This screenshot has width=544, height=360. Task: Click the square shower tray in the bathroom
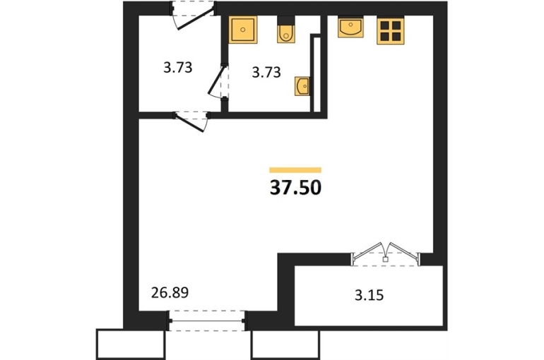pos(243,30)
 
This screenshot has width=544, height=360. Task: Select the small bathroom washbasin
pos(302,86)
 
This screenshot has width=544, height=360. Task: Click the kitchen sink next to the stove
pos(350,28)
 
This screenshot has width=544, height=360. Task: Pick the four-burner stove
pos(391,31)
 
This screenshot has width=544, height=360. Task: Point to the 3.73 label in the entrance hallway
pos(177,67)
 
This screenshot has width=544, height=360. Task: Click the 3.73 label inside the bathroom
pos(266,73)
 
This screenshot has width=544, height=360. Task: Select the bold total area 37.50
pos(295,188)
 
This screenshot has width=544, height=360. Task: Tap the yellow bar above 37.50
pos(295,170)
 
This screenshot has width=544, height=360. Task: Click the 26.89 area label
pos(170,293)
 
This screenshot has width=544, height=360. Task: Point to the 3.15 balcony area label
pos(369,296)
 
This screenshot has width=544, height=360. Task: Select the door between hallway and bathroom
pos(218,82)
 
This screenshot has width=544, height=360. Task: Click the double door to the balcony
pos(386,253)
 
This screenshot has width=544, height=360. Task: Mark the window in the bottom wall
pos(207,320)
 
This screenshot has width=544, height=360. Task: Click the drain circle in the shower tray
pos(243,30)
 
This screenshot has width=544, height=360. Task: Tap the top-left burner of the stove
pos(385,25)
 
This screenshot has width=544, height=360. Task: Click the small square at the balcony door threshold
pos(385,259)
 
